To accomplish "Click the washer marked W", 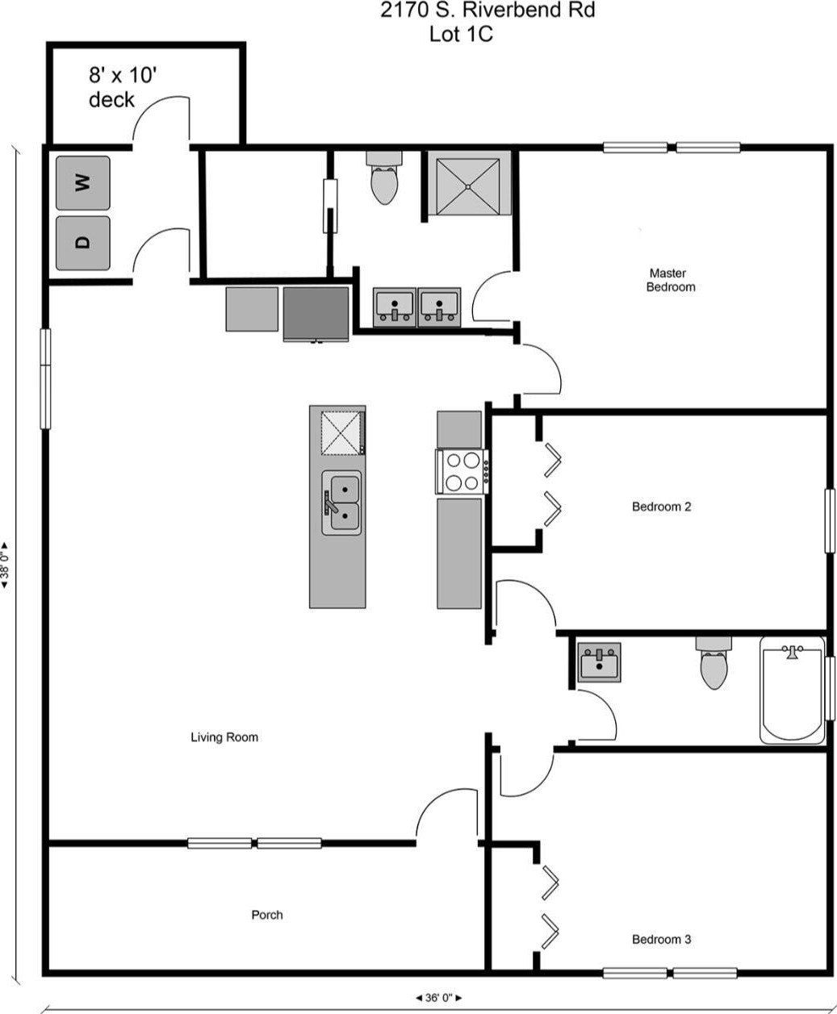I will [x=82, y=182].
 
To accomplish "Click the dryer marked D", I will [x=82, y=242].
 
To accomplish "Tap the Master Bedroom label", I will [x=670, y=280].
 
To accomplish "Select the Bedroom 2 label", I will [x=661, y=507].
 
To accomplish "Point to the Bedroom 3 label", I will [x=661, y=939].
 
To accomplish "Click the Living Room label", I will [x=224, y=737].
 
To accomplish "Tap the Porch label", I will [x=267, y=915].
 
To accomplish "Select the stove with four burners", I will [x=462, y=472].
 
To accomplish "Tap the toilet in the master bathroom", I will [x=383, y=180].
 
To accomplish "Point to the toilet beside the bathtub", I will [x=714, y=664].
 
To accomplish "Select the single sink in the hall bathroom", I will [x=600, y=663].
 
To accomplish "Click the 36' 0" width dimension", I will [x=438, y=997].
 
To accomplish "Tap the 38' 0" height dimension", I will [x=6, y=565].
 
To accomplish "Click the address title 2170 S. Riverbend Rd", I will [x=488, y=12].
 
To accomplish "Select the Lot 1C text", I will [x=461, y=34].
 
